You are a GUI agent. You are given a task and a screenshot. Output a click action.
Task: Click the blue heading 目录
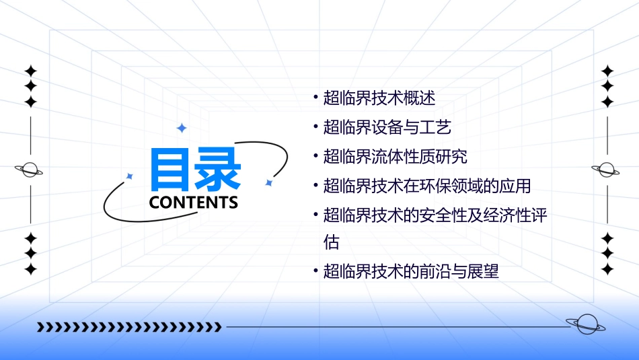[196, 170]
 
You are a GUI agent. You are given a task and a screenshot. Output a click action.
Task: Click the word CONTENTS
[194, 203]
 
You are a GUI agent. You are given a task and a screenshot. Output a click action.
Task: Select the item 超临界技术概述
[379, 98]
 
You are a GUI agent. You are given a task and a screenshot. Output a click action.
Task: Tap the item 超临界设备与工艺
[387, 127]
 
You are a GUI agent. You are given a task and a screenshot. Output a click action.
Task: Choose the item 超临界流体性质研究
[395, 157]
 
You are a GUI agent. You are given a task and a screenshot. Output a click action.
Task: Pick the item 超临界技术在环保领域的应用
[427, 186]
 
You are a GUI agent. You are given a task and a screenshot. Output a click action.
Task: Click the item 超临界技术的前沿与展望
[411, 272]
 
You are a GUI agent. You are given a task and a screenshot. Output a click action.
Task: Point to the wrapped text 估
[332, 242]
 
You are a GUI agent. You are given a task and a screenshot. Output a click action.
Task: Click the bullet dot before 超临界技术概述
[315, 98]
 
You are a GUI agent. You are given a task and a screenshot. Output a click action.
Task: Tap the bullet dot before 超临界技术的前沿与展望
[315, 271]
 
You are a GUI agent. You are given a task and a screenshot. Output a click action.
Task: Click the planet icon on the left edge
[30, 170]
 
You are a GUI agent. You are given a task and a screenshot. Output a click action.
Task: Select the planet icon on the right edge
[606, 170]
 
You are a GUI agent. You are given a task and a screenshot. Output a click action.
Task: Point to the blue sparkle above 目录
[181, 128]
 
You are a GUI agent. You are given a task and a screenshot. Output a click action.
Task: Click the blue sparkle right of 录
[268, 182]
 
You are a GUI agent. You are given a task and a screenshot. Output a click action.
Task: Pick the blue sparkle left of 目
[130, 176]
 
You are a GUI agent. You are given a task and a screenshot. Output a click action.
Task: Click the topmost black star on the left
[30, 71]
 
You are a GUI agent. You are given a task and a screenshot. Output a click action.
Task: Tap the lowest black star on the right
[607, 269]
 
